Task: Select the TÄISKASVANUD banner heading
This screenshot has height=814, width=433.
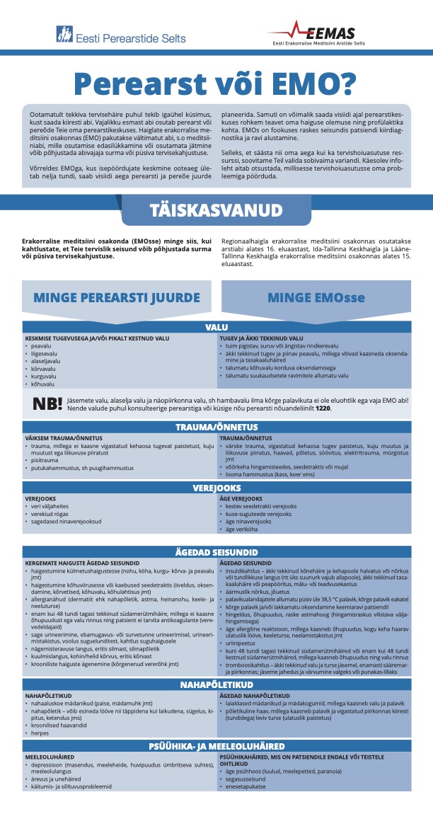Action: (216, 210)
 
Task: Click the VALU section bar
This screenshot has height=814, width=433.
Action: (216, 327)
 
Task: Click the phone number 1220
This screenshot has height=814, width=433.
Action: (323, 408)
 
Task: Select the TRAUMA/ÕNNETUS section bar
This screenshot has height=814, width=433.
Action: (216, 428)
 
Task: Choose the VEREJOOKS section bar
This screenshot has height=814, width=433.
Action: (216, 488)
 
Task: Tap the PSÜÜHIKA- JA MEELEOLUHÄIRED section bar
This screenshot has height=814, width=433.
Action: (216, 745)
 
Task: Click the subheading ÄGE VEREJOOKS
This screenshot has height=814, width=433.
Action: (242, 499)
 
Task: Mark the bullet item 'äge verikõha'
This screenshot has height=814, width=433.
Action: (243, 529)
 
